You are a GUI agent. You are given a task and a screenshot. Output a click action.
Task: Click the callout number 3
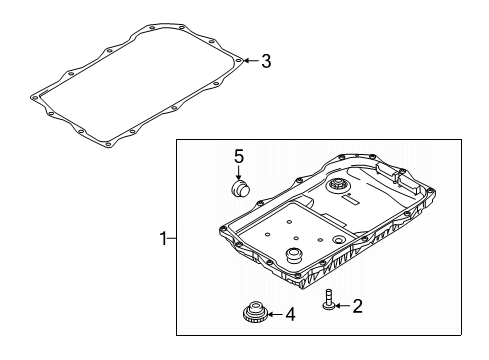[x=266, y=61]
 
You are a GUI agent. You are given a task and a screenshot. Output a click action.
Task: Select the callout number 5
[x=239, y=157]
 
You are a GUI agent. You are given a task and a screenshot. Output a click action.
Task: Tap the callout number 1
[x=164, y=239]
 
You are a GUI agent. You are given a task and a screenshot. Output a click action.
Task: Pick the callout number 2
[x=357, y=306]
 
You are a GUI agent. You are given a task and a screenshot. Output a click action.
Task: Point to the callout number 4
[x=290, y=314]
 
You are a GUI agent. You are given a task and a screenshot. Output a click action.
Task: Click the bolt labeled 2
[x=327, y=300]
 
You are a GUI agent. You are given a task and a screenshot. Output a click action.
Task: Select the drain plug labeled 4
[x=254, y=313]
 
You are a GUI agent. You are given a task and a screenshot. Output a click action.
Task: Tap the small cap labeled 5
[x=240, y=189]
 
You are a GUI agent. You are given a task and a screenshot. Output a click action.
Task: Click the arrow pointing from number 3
[x=251, y=61]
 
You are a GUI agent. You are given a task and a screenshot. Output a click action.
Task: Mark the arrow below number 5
[x=239, y=172]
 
